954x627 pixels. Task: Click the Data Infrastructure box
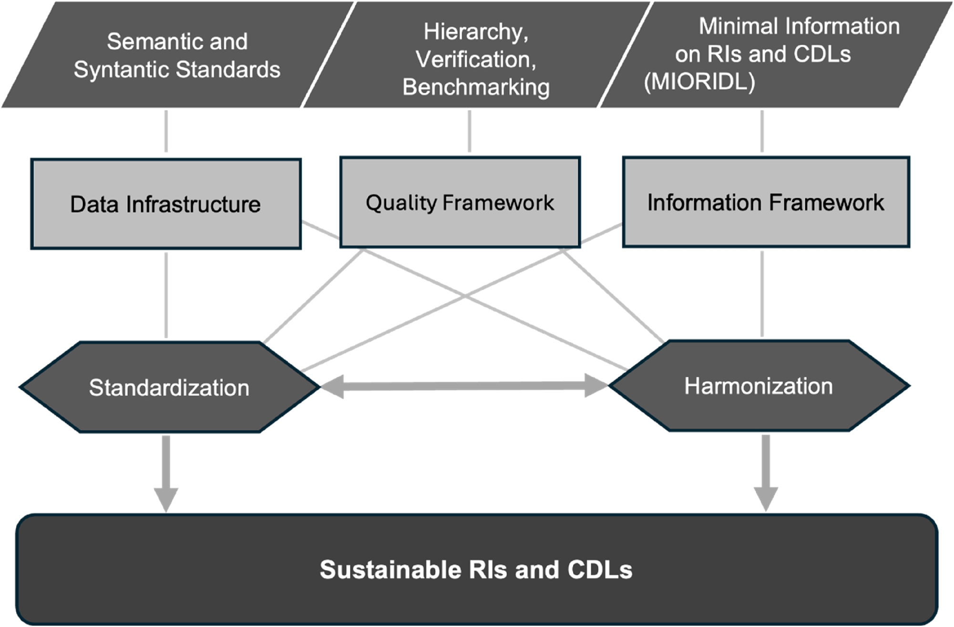pos(165,204)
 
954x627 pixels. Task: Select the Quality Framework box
pos(460,203)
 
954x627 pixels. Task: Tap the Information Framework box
pos(765,203)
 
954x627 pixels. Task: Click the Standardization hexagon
pos(169,387)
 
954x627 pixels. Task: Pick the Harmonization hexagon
pos(759,386)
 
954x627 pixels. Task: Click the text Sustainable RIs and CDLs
pos(476,569)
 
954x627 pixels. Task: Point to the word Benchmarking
pos(476,87)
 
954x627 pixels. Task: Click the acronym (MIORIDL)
pos(699,82)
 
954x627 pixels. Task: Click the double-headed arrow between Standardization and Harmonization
pos(464,386)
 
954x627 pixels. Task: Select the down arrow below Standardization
pos(166,472)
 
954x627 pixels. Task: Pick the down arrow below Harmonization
pos(766,472)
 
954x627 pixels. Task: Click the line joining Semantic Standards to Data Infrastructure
pos(166,131)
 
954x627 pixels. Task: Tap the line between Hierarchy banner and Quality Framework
pos(470,131)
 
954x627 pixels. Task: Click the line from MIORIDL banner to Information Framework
pos(762,131)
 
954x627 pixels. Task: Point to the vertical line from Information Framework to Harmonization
pos(762,294)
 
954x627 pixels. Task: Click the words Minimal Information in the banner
pos(799,26)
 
